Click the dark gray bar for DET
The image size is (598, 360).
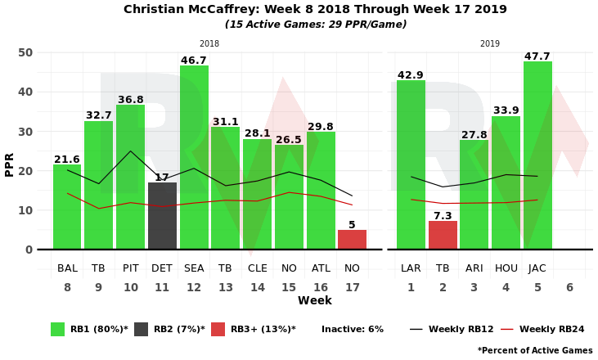tap(162, 216)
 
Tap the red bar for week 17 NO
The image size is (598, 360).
tap(352, 240)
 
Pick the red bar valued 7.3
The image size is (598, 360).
tap(443, 235)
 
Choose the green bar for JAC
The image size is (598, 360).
tap(537, 155)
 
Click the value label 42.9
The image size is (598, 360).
tap(411, 75)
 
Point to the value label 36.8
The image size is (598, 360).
tap(130, 100)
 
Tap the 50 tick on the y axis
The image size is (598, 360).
tap(25, 52)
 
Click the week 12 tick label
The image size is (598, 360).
tap(194, 287)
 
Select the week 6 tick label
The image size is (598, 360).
tap(569, 287)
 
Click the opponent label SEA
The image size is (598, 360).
tap(194, 268)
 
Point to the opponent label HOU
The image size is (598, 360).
tap(506, 268)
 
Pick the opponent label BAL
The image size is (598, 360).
tap(67, 268)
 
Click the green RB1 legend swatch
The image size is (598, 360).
tap(57, 329)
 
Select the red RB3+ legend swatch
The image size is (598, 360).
tap(218, 329)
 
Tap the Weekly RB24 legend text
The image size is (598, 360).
tap(551, 329)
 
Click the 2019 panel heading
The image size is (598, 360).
tap(490, 44)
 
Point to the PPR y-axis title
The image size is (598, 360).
tap(10, 164)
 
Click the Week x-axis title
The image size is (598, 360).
tap(314, 301)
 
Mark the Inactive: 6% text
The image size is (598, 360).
tap(352, 329)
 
